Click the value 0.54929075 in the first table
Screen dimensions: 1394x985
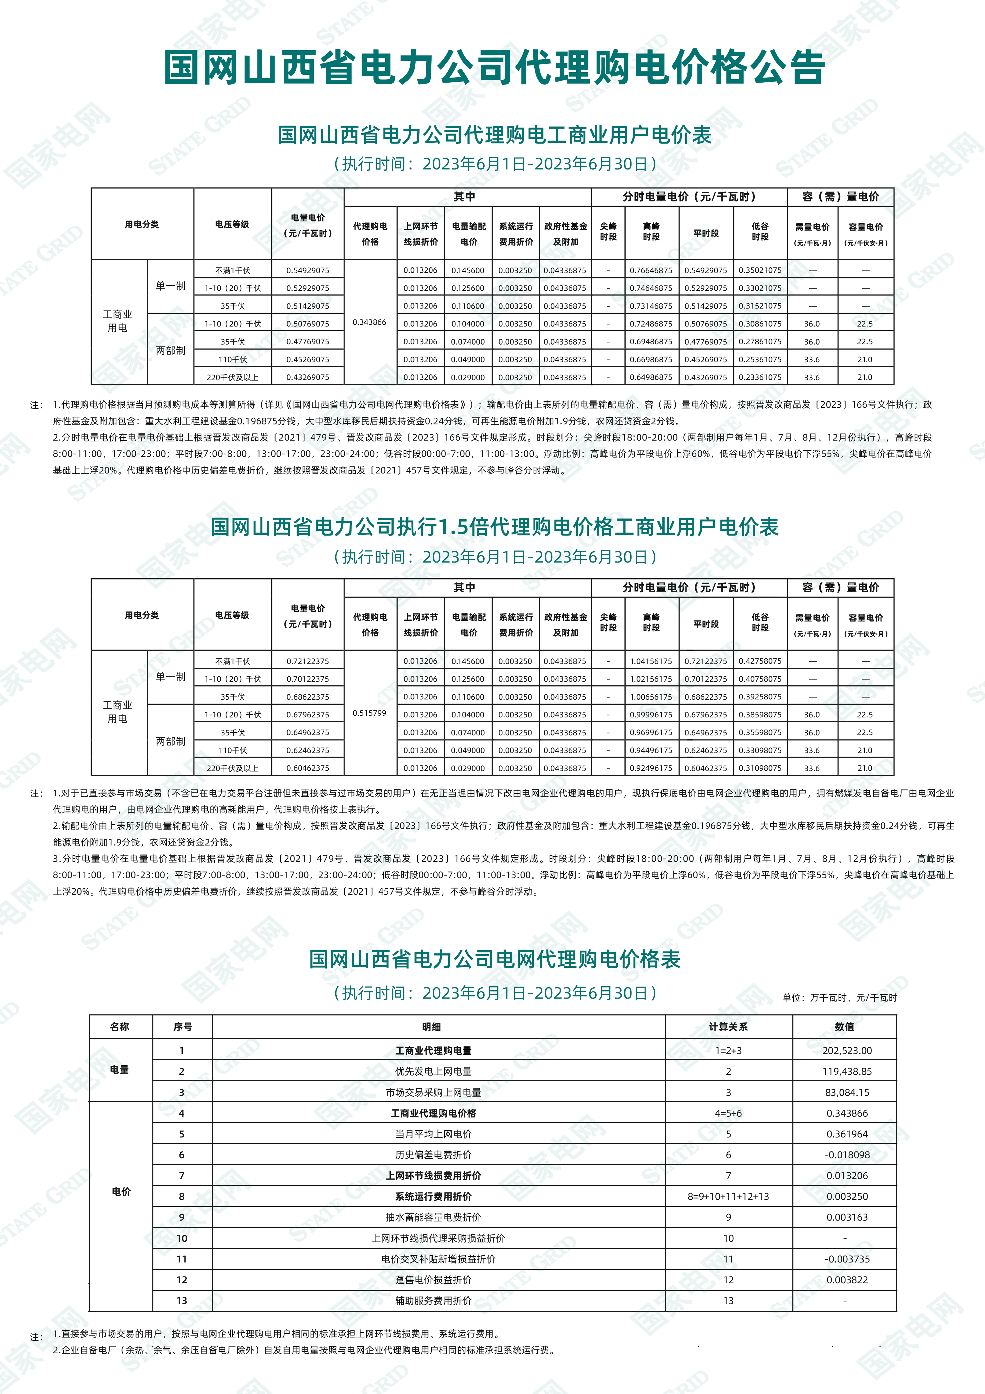pyautogui.click(x=308, y=270)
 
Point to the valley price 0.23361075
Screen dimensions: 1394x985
pyautogui.click(x=760, y=377)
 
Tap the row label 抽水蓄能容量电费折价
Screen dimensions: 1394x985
pyautogui.click(x=433, y=1217)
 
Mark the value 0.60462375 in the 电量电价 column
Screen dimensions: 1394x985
pyautogui.click(x=308, y=768)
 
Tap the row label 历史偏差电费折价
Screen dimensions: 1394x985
pyautogui.click(x=433, y=1155)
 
